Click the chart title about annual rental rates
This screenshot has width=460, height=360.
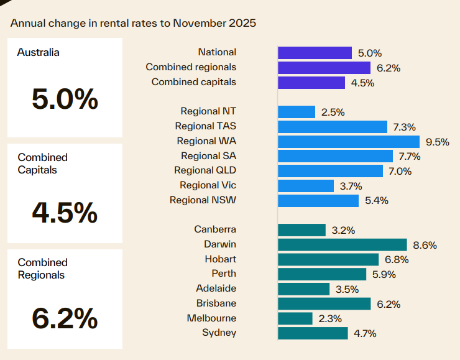[134, 23]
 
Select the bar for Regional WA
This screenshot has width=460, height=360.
[348, 142]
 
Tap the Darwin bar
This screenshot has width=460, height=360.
[342, 245]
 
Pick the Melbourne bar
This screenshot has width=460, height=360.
[295, 318]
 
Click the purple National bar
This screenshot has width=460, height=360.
[315, 53]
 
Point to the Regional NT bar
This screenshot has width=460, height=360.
[297, 112]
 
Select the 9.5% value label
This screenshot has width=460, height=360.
[437, 142]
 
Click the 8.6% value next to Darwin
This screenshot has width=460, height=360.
[425, 245]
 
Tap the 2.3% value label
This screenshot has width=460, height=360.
[330, 319]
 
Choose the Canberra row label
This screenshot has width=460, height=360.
[215, 229]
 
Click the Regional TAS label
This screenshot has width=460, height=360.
[205, 126]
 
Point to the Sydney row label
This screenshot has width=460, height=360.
[219, 333]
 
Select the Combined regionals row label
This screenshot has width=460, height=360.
[191, 67]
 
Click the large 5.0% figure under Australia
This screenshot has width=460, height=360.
[65, 99]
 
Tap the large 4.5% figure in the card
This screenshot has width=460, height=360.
[65, 213]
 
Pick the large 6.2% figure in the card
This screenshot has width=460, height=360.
[65, 318]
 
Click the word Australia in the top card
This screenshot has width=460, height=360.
[39, 52]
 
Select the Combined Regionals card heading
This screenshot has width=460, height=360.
[43, 269]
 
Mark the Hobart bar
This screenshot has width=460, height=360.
[328, 259]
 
